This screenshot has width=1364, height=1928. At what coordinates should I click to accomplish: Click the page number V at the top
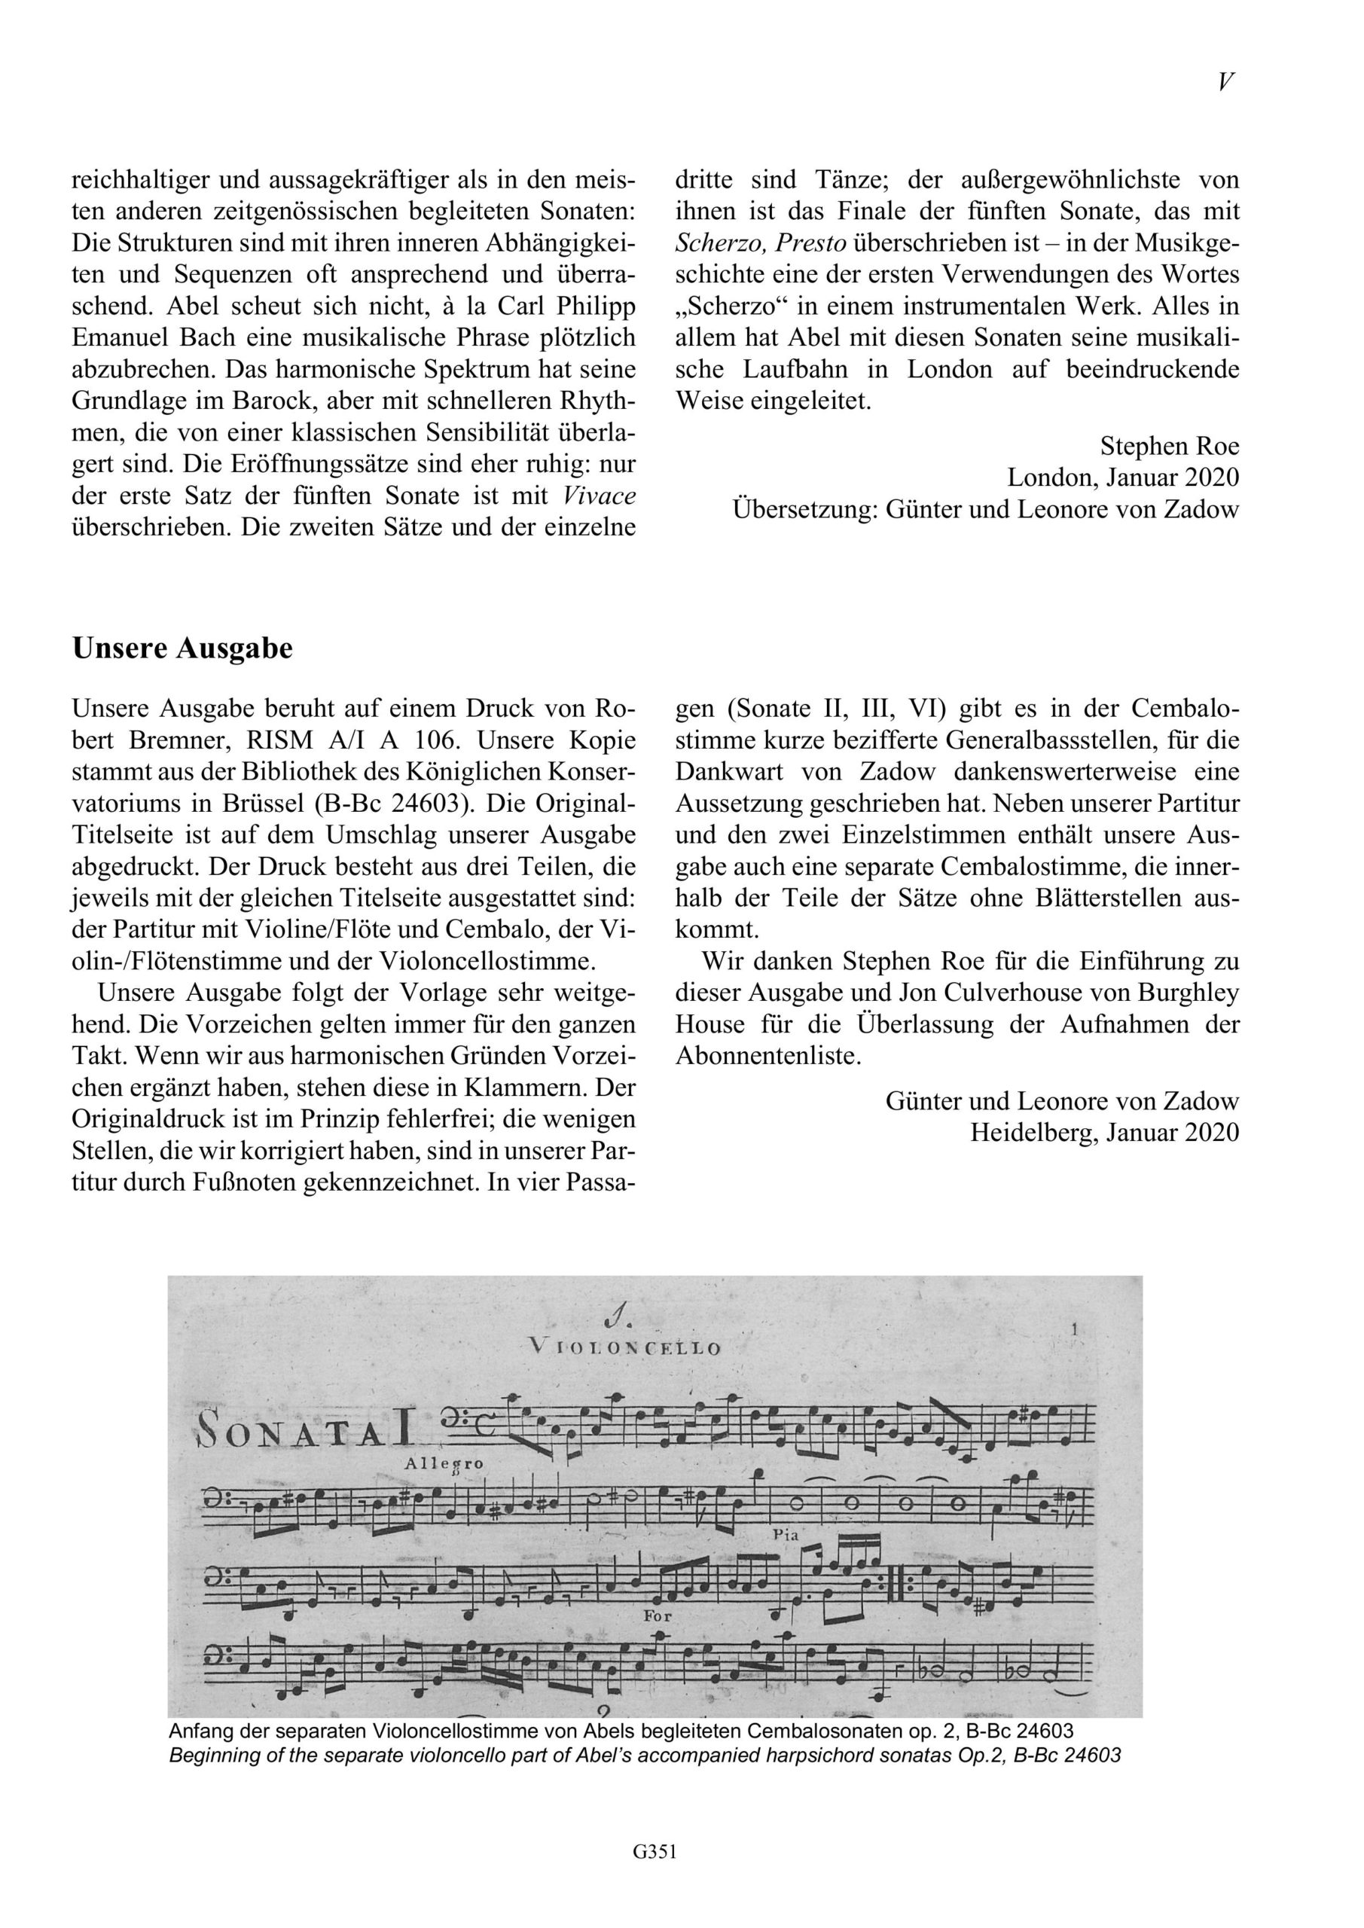pos(1225,81)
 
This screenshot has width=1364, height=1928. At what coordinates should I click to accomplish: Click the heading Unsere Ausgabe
pos(182,648)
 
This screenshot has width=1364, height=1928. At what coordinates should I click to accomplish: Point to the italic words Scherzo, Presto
pos(761,243)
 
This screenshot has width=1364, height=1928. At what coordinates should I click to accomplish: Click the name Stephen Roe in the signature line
pos(1169,446)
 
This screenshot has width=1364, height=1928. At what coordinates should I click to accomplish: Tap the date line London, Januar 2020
pos(1123,477)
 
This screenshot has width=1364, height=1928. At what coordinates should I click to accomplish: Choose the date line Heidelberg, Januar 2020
pos(1104,1133)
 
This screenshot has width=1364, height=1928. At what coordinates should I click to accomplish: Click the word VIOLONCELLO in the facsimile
pos(625,1349)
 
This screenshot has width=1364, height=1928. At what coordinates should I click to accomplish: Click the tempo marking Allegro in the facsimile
pos(444,1463)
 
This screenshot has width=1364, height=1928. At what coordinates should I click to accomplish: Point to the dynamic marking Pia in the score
pos(787,1533)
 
